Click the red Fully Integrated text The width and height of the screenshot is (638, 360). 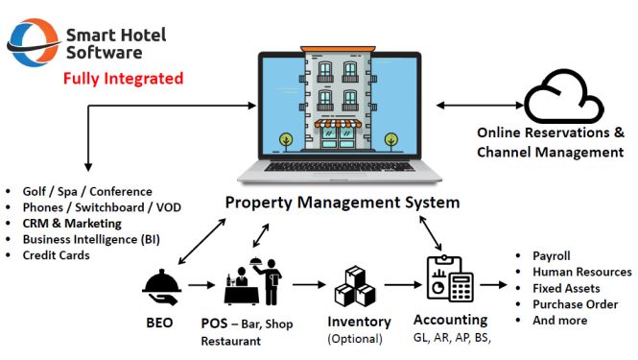pyautogui.click(x=123, y=78)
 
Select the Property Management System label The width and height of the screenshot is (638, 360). pyautogui.click(x=342, y=203)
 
